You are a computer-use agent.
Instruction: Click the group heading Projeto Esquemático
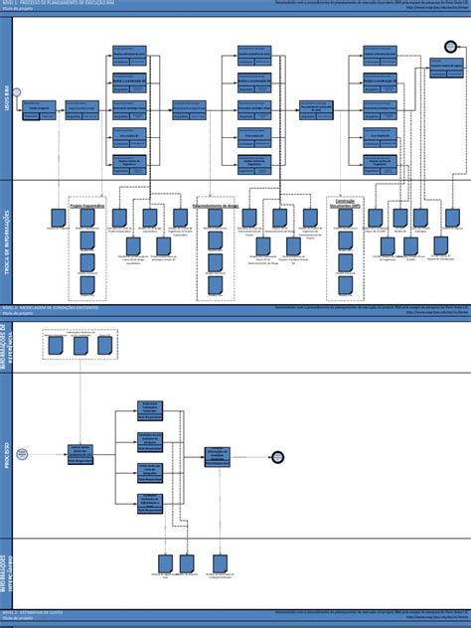[x=87, y=206]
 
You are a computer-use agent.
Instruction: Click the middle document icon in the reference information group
[x=79, y=345]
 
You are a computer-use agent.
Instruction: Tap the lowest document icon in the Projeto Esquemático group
[x=87, y=285]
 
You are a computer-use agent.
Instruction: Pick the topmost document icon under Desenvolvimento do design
[x=215, y=217]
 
